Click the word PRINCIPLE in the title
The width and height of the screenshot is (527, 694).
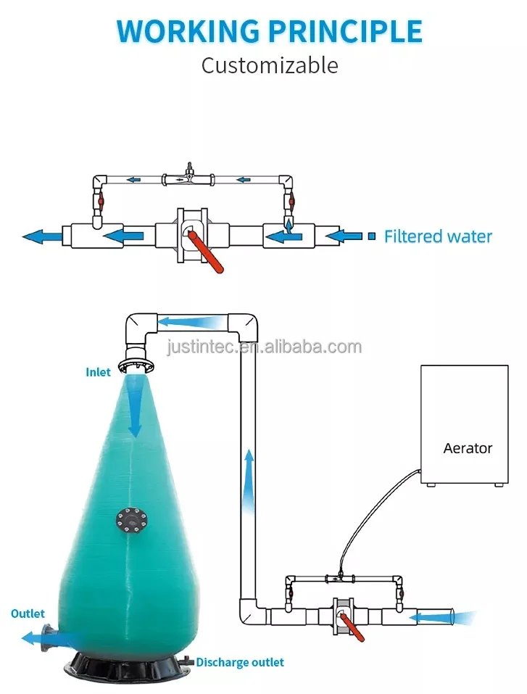(x=345, y=31)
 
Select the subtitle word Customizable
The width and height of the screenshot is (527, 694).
(x=269, y=65)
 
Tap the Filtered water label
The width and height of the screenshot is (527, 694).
(x=438, y=236)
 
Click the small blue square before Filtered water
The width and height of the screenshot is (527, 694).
(x=372, y=236)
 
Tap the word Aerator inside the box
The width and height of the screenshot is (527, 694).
(x=468, y=448)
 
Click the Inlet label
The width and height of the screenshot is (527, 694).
(x=99, y=372)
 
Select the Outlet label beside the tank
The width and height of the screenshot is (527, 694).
(x=28, y=614)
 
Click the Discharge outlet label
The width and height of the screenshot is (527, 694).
(x=240, y=662)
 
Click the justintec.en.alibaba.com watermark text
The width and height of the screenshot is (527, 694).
(x=264, y=347)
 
